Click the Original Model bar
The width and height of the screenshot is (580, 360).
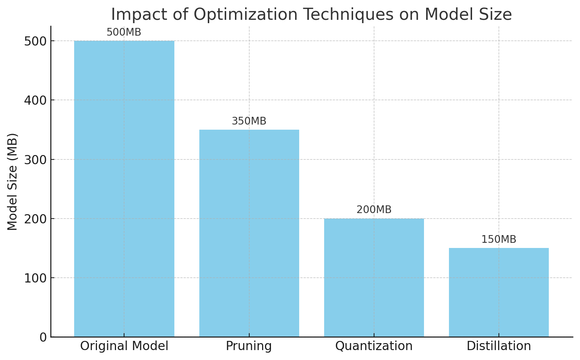pyautogui.click(x=124, y=189)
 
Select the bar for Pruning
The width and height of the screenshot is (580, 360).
pyautogui.click(x=249, y=233)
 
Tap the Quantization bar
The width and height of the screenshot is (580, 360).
pyautogui.click(x=374, y=278)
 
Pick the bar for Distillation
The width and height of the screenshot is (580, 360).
pyautogui.click(x=499, y=292)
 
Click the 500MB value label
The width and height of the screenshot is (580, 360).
pyautogui.click(x=124, y=33)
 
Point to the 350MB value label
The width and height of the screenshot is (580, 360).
pyautogui.click(x=249, y=122)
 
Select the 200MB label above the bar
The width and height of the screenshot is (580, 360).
pyautogui.click(x=374, y=210)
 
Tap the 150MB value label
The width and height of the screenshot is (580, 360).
pyautogui.click(x=499, y=240)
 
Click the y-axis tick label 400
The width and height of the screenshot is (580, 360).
pyautogui.click(x=36, y=100)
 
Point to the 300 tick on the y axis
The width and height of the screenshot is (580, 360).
pyautogui.click(x=36, y=160)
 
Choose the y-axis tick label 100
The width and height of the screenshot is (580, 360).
pyautogui.click(x=36, y=278)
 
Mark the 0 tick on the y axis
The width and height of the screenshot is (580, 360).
pyautogui.click(x=43, y=337)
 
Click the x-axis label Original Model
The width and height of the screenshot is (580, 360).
pyautogui.click(x=124, y=346)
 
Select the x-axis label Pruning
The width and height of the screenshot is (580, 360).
pyautogui.click(x=249, y=346)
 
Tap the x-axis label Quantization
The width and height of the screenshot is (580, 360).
pyautogui.click(x=374, y=346)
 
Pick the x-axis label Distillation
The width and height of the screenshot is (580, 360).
pyautogui.click(x=499, y=346)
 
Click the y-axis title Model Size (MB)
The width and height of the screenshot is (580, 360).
pyautogui.click(x=13, y=182)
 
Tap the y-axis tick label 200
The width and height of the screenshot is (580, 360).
pyautogui.click(x=36, y=219)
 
